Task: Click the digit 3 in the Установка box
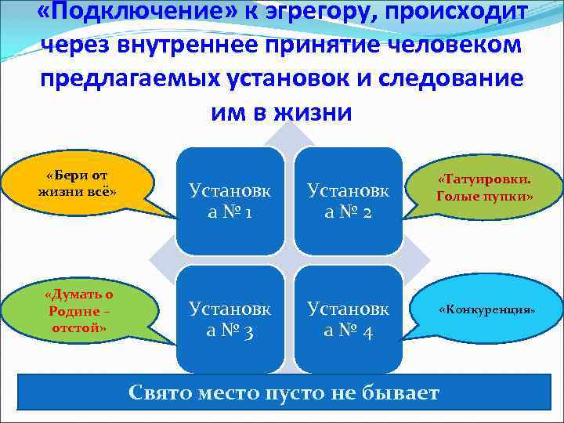(x=245, y=331)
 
